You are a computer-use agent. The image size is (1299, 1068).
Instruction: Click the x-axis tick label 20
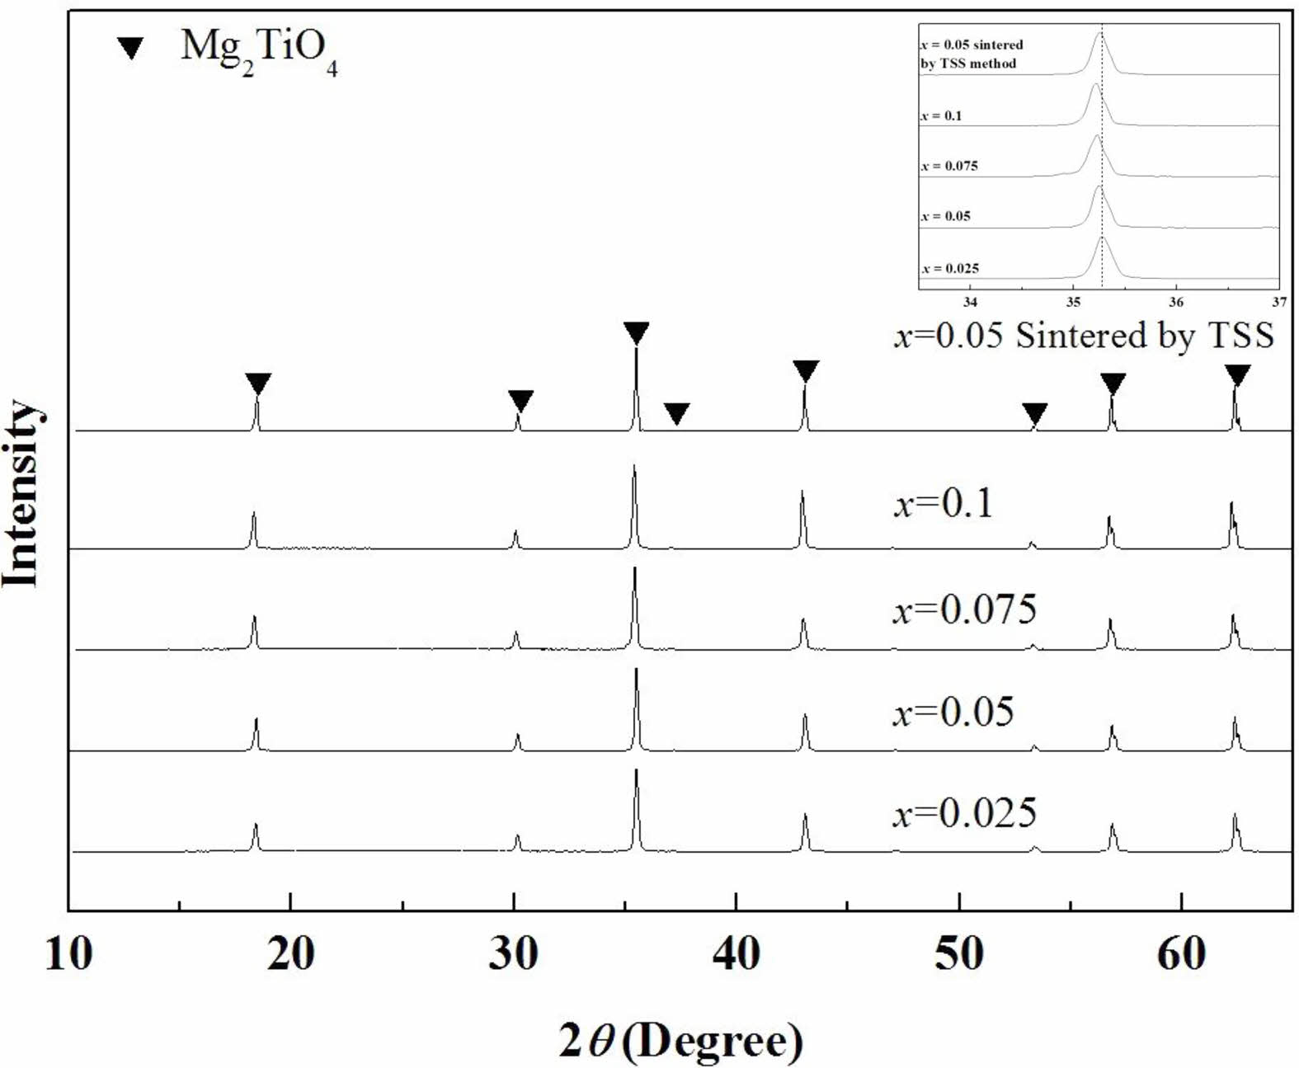pos(291,954)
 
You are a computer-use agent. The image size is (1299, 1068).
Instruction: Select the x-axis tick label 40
pos(736,954)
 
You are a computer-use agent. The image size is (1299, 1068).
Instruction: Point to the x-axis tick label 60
pos(1181,954)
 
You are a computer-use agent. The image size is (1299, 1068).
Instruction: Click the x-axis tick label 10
pos(68,954)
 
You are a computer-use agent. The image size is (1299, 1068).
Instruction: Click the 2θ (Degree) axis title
pos(680,1040)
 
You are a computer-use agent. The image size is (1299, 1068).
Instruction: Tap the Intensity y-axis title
pos(22,493)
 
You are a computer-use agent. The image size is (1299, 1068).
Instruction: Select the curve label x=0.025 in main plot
pos(964,813)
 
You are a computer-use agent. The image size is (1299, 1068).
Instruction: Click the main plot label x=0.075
pos(964,609)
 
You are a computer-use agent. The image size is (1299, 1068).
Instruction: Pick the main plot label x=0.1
pos(944,503)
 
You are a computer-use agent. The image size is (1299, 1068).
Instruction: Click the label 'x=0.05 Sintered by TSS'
pos(1084,336)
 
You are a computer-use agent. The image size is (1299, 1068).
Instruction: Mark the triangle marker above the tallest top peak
pos(636,332)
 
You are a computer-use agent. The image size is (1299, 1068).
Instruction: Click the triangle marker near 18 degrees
pos(258,383)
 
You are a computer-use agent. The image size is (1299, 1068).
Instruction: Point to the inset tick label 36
pos(1176,302)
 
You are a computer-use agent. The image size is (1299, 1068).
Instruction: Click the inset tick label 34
pos(971,302)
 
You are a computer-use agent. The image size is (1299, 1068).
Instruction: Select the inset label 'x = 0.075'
pos(949,166)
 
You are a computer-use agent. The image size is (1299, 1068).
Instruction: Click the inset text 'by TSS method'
pos(968,64)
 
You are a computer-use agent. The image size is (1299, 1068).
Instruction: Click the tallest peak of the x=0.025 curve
pos(637,772)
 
